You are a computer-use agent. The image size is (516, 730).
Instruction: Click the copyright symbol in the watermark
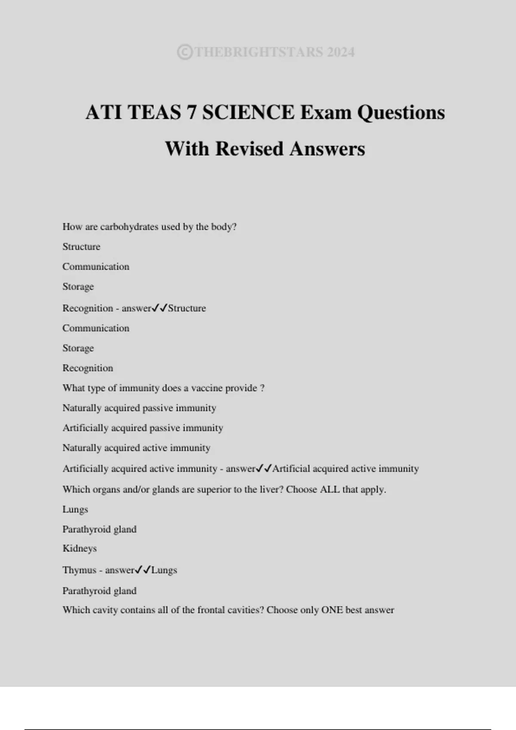[185, 52]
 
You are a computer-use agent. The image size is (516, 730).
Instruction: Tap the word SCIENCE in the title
[248, 113]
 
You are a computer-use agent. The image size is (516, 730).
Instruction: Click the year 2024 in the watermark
[341, 52]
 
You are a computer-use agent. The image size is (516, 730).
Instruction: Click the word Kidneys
[80, 548]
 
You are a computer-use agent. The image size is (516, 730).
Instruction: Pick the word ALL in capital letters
[330, 490]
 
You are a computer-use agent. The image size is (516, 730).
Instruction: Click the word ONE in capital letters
[332, 610]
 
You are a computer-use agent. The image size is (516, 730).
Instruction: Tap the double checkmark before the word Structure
[160, 308]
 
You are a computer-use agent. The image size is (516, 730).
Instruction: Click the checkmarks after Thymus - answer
[143, 570]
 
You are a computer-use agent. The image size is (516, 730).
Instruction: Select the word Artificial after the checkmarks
[291, 468]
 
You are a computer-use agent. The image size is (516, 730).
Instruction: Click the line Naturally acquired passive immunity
[139, 408]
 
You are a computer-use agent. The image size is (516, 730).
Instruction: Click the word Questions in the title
[401, 113]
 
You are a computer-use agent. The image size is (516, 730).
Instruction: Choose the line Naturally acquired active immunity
[136, 448]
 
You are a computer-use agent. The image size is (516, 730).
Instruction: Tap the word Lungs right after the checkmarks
[164, 570]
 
